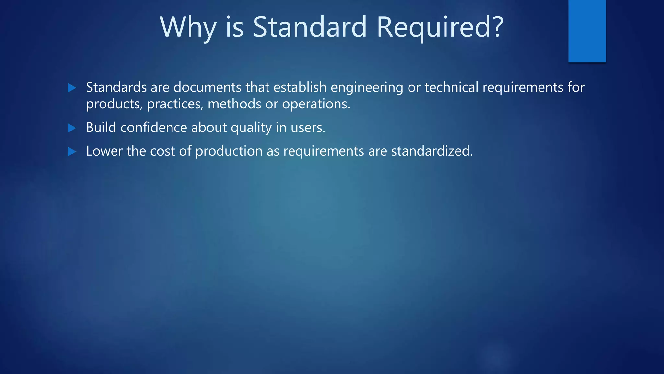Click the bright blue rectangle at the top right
coord(587,31)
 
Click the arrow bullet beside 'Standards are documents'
coord(72,88)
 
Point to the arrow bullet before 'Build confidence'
coord(72,128)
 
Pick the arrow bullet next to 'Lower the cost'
coord(72,151)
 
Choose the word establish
coord(300,87)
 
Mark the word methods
coord(234,104)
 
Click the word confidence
coord(154,128)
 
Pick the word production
coord(229,151)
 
